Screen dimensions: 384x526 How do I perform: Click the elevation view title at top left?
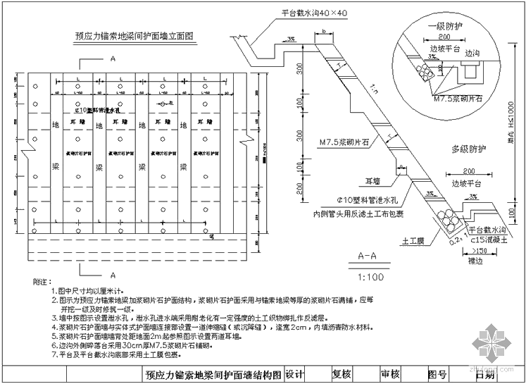(134, 33)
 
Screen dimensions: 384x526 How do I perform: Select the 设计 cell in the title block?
(296, 375)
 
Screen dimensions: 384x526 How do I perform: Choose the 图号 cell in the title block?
(437, 375)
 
